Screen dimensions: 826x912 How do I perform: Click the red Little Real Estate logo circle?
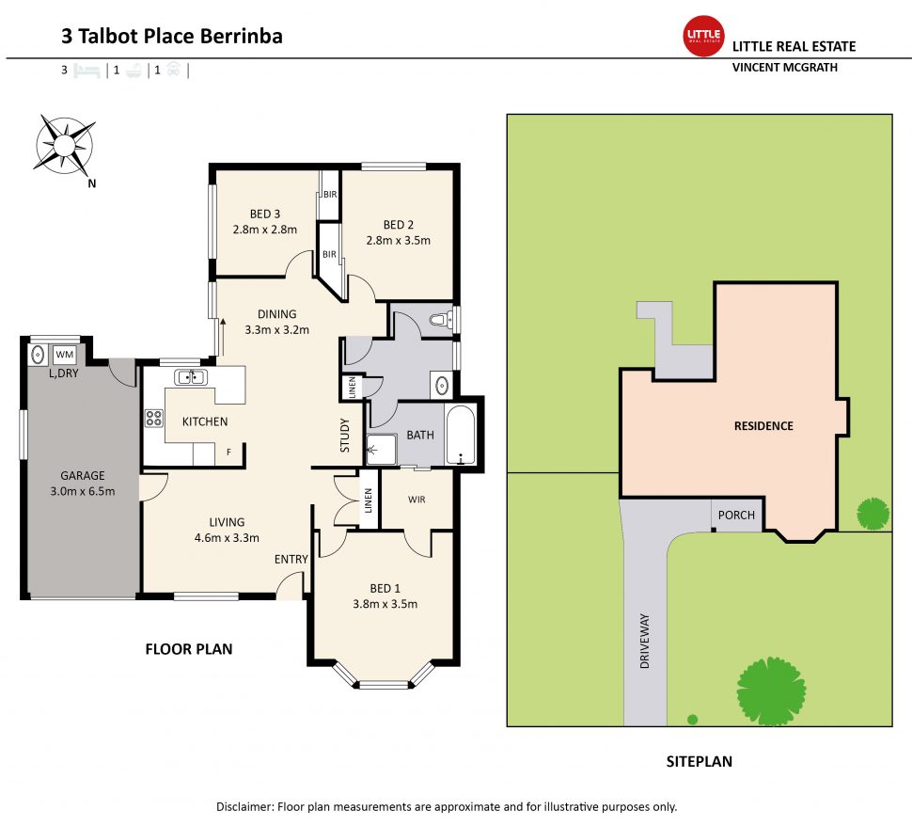[702, 37]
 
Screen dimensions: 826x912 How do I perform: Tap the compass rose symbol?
[64, 144]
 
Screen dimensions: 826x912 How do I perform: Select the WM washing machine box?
[65, 355]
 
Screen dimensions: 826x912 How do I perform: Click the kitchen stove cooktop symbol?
[153, 420]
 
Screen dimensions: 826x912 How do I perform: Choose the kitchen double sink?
[191, 377]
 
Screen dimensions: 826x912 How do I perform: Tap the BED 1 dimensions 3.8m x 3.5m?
[385, 604]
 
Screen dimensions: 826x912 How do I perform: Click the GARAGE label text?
[83, 475]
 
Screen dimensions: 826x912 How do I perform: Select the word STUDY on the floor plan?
[345, 435]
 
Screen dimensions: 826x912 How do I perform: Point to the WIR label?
[417, 499]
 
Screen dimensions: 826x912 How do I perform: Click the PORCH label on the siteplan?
[736, 516]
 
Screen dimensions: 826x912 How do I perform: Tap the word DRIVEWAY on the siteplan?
[645, 642]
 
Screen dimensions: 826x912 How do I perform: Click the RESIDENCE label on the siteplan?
[763, 426]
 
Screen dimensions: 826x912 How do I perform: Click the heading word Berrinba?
[241, 37]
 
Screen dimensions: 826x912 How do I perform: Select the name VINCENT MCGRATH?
[784, 68]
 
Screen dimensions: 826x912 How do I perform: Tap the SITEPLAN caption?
[699, 762]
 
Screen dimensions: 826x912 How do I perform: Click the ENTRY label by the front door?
[291, 560]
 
